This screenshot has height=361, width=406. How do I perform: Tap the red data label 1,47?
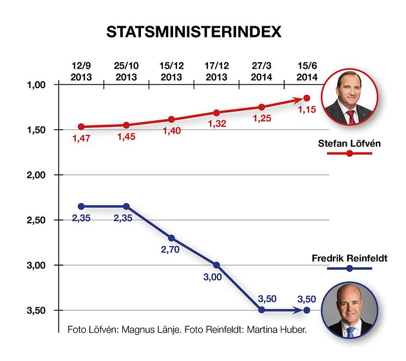81,138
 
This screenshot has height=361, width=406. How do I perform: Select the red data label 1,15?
306,110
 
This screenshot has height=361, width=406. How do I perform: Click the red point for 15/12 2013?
171,119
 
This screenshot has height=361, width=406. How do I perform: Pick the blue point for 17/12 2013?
216,265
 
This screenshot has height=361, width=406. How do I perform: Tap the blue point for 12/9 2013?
81,206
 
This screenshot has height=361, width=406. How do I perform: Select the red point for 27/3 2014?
261,107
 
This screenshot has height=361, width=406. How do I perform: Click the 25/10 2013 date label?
126,72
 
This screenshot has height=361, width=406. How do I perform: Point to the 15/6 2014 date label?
306,72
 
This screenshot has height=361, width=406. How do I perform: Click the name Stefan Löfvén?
349,144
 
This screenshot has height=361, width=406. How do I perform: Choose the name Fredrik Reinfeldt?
349,258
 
